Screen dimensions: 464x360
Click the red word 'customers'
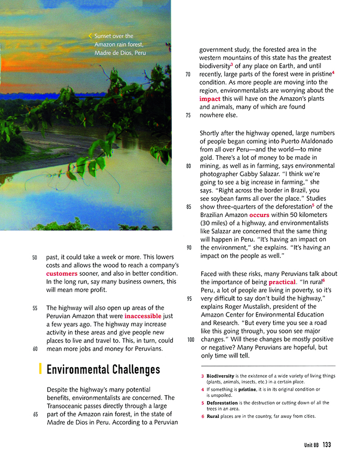pos(62,274)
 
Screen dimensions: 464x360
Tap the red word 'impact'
pos(210,99)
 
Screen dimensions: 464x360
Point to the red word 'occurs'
pos(260,215)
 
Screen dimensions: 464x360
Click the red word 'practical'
pos(282,282)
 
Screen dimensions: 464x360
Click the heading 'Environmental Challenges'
pos(103,370)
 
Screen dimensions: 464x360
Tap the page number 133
pos(327,445)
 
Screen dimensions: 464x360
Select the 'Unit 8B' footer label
pos(311,445)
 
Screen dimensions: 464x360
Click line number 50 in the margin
pos(35,258)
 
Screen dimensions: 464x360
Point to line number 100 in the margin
pos(191,340)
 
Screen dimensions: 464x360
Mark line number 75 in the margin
pos(188,115)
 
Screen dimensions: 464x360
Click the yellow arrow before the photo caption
pos(90,36)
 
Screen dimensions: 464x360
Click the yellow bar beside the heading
pos(41,370)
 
